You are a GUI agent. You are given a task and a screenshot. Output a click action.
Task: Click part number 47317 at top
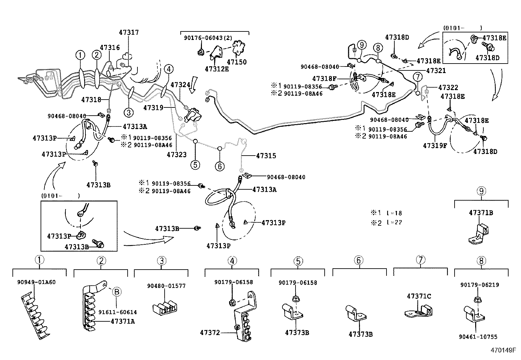click(x=129, y=32)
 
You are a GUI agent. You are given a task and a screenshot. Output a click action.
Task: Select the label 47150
click(x=237, y=62)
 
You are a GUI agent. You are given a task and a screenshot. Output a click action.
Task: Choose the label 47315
click(x=266, y=156)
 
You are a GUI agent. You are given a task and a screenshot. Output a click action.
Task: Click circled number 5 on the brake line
click(x=195, y=164)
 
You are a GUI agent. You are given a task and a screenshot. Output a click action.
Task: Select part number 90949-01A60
click(x=36, y=282)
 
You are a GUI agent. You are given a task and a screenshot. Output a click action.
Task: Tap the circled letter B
click(x=117, y=291)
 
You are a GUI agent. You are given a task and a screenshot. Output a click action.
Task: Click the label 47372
click(x=210, y=333)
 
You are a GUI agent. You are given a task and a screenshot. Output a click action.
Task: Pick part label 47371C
click(x=419, y=296)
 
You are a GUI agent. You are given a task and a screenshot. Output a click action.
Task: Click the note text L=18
click(x=394, y=213)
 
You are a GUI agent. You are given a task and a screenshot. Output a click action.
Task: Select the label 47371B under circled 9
click(x=481, y=213)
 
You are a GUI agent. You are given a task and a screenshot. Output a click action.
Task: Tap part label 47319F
click(x=435, y=146)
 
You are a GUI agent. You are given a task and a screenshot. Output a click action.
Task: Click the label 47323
click(x=176, y=155)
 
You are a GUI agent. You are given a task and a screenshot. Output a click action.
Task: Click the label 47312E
click(x=217, y=69)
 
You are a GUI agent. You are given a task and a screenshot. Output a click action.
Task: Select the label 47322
click(x=448, y=88)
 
